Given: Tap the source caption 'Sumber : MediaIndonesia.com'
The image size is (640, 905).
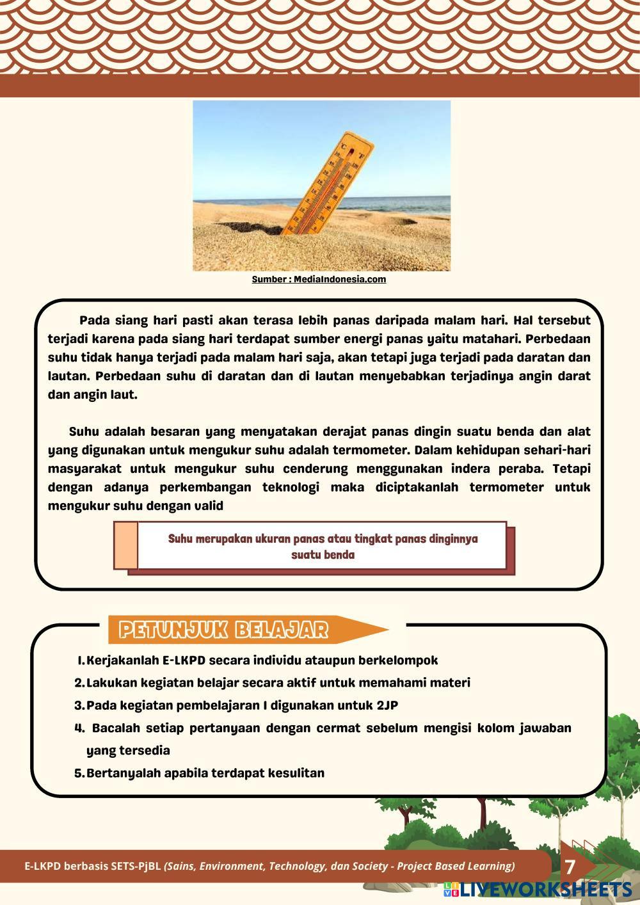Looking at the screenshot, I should [319, 280].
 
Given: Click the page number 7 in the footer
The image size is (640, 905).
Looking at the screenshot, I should [570, 867].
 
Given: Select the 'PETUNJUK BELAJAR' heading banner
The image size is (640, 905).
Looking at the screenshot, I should [224, 630].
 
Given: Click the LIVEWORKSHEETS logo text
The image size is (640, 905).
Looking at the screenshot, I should [544, 889].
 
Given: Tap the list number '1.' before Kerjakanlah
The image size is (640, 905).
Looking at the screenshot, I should [81, 660].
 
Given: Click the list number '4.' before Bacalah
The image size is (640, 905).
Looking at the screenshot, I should [80, 728].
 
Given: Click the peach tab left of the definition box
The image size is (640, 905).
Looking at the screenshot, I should [126, 545].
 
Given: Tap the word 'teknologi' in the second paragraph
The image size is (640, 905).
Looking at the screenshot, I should [291, 487].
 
